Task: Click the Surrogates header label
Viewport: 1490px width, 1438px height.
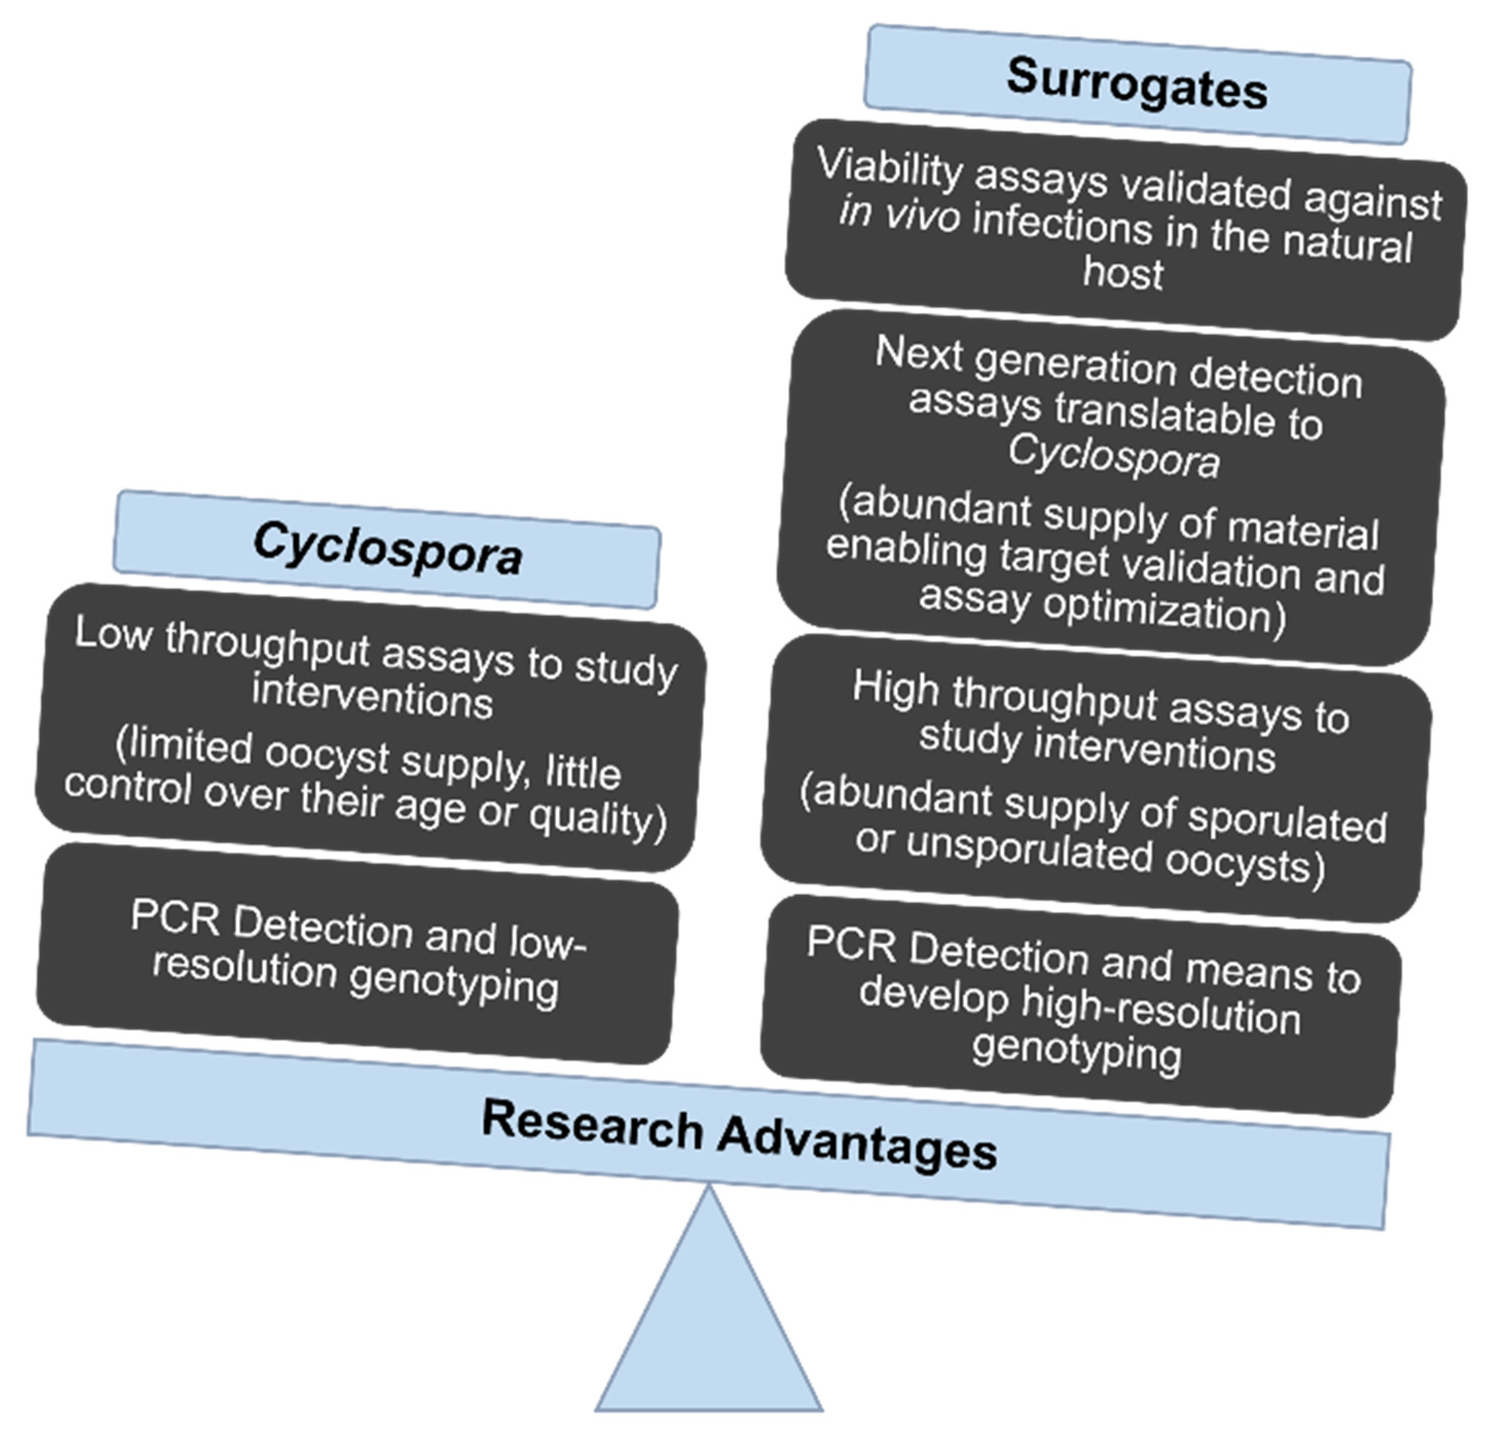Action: (x=1137, y=84)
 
